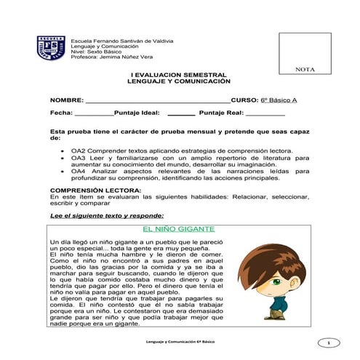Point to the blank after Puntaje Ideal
tap(181, 115)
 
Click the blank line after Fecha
tap(94, 115)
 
